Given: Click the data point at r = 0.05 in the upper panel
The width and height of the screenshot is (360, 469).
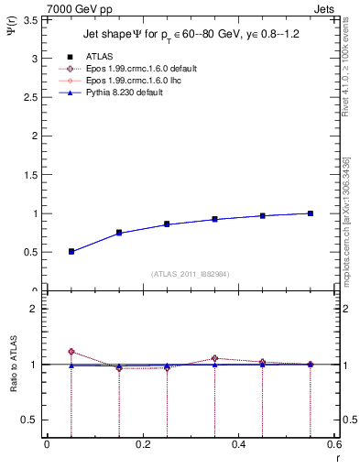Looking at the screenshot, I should (71, 251).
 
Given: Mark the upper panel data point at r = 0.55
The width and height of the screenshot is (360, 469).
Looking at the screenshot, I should (311, 213).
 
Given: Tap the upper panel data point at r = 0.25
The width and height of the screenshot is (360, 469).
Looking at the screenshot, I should (167, 224).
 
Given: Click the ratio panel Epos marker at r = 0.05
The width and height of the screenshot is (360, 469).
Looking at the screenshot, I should (71, 352).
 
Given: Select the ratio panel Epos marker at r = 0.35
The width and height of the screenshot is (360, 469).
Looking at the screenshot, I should (214, 358).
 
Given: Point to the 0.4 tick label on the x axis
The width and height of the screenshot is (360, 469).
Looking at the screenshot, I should (238, 444).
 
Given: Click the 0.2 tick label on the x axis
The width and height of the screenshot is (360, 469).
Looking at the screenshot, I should (142, 444).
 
